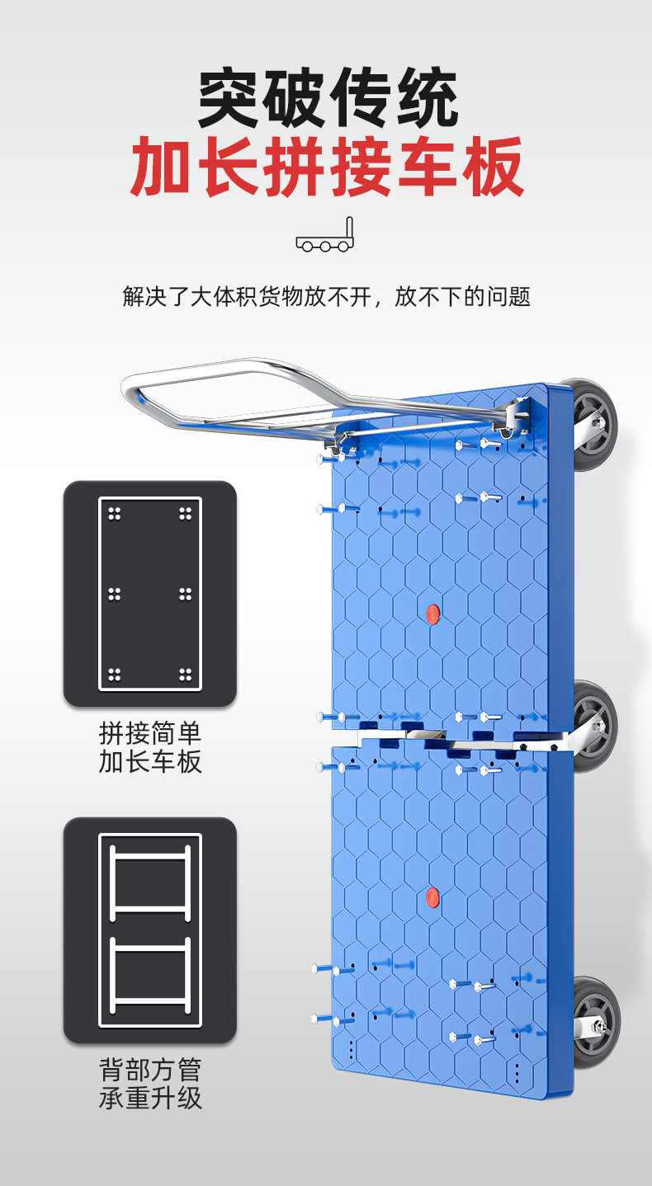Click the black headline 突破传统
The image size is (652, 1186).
pyautogui.click(x=328, y=99)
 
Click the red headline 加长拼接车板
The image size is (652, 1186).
pyautogui.click(x=328, y=167)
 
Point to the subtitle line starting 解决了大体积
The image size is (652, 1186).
pyautogui.click(x=326, y=296)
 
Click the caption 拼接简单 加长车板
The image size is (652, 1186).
pyautogui.click(x=149, y=747)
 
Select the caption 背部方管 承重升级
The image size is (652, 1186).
pyautogui.click(x=149, y=1084)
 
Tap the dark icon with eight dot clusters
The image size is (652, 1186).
pyautogui.click(x=149, y=594)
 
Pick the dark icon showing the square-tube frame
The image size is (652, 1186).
pyautogui.click(x=149, y=930)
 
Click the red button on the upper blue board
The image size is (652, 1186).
pyautogui.click(x=432, y=612)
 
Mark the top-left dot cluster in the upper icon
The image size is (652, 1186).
pyautogui.click(x=115, y=514)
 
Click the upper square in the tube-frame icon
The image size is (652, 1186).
pyautogui.click(x=149, y=882)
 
